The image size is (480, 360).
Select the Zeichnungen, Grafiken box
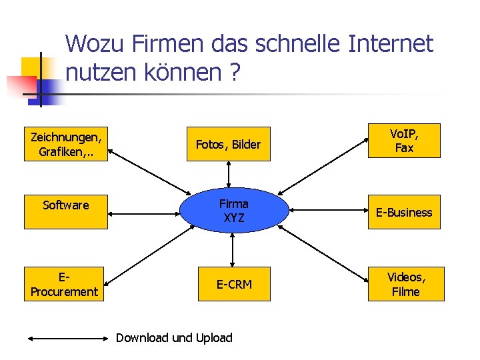point(66,144)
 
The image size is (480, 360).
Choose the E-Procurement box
point(65,284)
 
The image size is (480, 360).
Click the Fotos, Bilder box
point(229,144)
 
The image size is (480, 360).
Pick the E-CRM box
point(234,284)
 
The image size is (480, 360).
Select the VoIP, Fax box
point(404,141)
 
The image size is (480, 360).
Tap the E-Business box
point(404,212)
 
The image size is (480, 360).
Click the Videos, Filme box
point(405,284)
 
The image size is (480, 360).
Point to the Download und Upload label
point(174,337)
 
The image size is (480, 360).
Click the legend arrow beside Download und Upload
point(68,338)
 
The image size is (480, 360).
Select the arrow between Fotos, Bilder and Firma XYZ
point(229,175)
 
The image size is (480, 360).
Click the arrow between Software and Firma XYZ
point(143,214)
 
